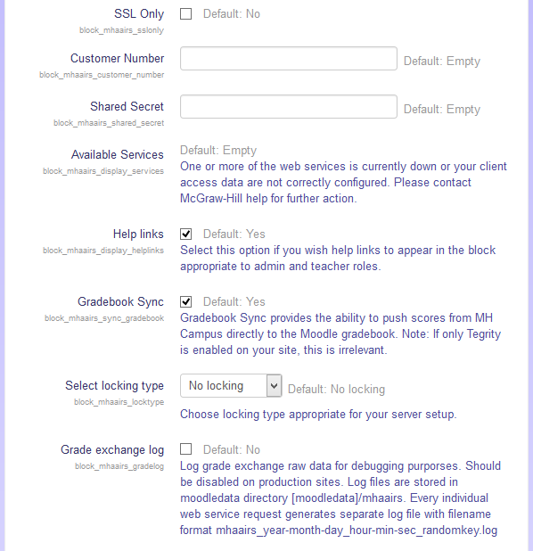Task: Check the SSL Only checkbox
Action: point(186,14)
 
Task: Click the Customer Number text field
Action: point(288,59)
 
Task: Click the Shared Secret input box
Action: point(288,107)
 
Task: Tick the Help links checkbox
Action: point(186,234)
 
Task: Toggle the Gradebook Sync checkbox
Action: point(186,301)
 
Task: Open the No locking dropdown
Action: point(231,386)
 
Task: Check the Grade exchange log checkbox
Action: point(186,449)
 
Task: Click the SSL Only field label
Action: point(138,14)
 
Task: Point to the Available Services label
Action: point(118,154)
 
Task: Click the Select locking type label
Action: point(114,385)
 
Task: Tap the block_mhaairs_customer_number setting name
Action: point(102,75)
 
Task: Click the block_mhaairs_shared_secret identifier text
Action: point(109,123)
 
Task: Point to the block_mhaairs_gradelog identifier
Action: point(119,465)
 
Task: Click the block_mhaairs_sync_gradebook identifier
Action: point(104,317)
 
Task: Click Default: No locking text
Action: point(336,389)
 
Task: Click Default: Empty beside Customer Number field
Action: point(441,62)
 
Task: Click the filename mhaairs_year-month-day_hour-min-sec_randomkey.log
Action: point(357,531)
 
